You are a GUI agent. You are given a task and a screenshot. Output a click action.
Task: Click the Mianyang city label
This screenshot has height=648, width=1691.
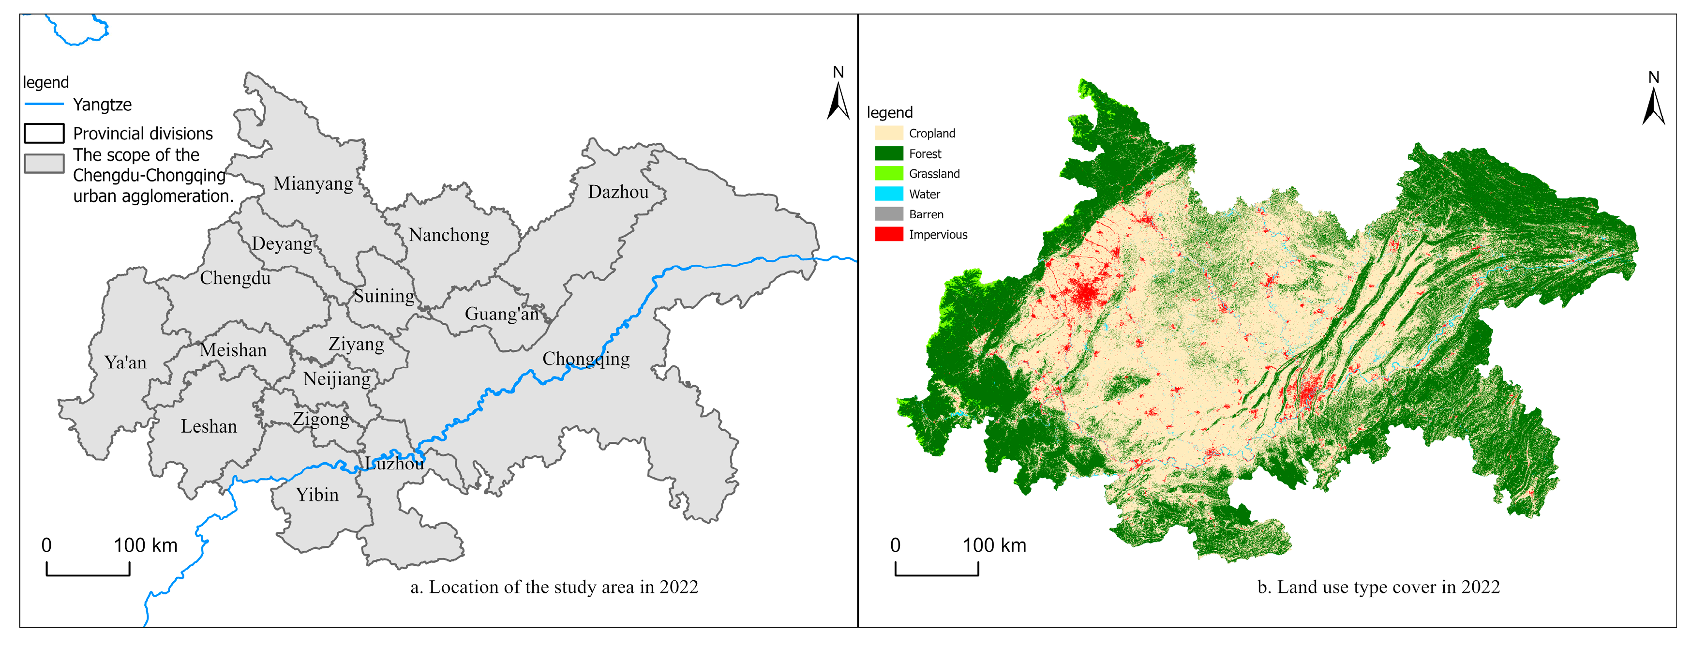(313, 184)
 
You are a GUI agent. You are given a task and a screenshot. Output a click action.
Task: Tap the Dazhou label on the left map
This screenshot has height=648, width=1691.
(618, 192)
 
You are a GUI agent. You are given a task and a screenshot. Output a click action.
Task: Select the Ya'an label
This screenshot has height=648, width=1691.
(125, 362)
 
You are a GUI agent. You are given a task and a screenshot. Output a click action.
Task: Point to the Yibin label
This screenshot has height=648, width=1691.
(317, 495)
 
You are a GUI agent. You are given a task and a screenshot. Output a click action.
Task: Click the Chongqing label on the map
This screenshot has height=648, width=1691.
(585, 359)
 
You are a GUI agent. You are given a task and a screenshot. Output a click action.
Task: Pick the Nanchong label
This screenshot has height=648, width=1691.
(449, 235)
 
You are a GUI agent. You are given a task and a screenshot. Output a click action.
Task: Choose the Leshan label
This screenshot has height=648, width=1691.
(209, 427)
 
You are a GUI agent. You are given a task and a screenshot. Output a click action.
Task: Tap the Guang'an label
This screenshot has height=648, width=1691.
(502, 315)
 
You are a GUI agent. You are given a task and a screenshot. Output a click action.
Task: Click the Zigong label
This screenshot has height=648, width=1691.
(320, 420)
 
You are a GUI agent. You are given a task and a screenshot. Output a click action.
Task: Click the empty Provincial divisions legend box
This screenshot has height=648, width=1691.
(44, 133)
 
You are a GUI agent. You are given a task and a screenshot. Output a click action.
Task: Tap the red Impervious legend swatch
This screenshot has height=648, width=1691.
(888, 234)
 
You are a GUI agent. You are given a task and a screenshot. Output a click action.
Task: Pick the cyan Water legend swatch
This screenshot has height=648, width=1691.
(888, 194)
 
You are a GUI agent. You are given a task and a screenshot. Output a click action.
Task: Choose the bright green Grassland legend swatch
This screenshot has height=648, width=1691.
(888, 173)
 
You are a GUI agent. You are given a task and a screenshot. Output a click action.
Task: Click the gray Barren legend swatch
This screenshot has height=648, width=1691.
(888, 214)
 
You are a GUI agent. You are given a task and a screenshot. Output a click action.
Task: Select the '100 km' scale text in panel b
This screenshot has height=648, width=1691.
(994, 545)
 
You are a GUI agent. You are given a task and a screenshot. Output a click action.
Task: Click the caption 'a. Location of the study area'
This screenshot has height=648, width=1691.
(554, 587)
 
